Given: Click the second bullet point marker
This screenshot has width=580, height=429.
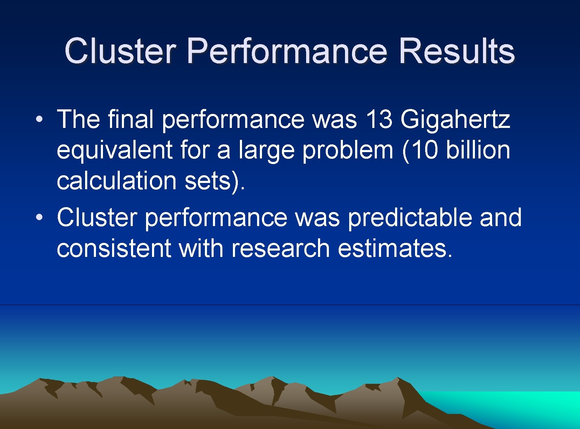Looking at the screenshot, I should coord(39,217).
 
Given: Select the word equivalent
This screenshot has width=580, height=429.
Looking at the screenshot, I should coord(115,150).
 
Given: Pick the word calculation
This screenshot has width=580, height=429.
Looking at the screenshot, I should coord(116,181).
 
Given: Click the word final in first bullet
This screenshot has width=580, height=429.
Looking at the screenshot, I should coord(131,119).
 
